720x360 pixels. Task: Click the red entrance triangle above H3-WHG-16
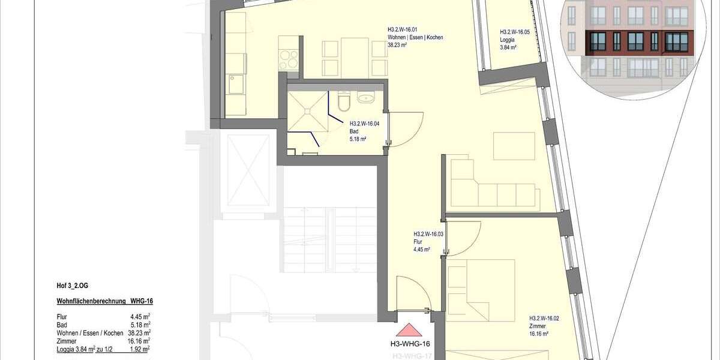click(x=410, y=331)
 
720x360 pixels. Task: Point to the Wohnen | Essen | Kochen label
click(x=415, y=37)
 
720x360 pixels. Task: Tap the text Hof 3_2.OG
click(x=72, y=286)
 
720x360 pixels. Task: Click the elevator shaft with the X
click(x=246, y=171)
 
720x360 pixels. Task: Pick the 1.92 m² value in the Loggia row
click(x=139, y=348)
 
